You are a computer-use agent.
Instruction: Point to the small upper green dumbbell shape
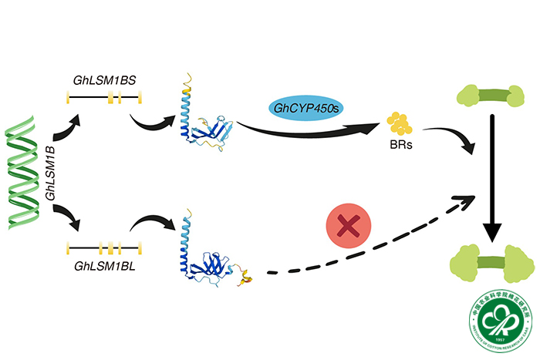494,98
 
